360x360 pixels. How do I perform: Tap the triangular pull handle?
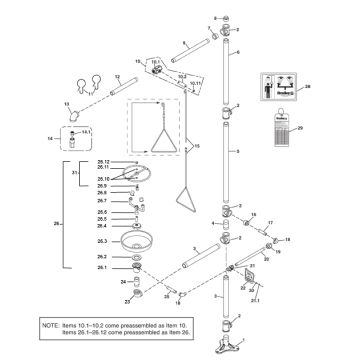pos(160,125)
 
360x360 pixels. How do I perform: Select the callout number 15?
pos(210,145)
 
